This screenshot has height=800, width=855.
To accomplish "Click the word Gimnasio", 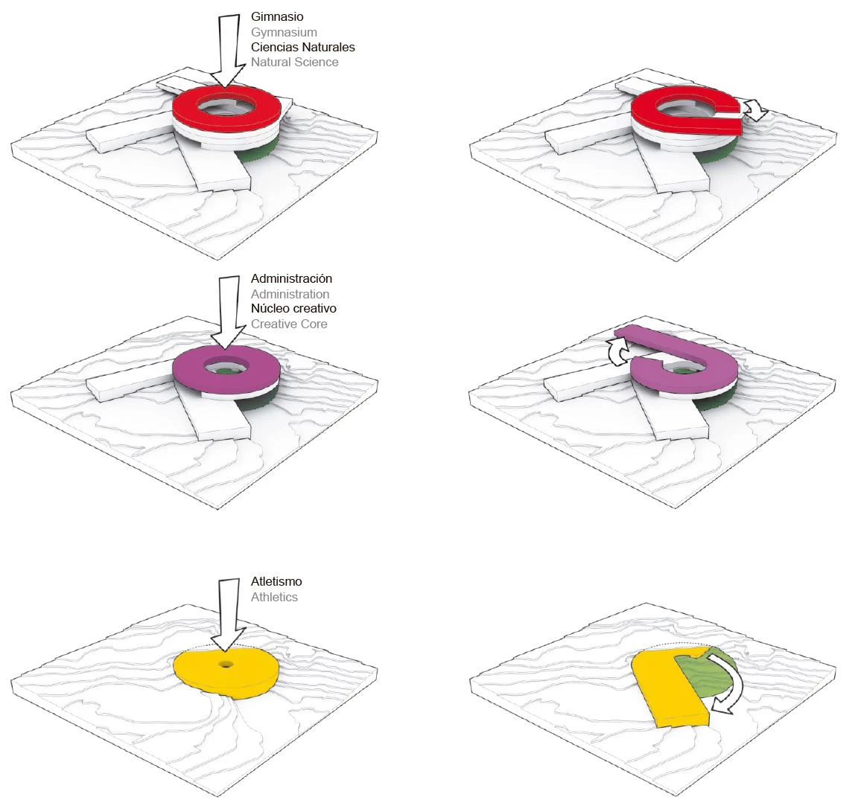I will (277, 16).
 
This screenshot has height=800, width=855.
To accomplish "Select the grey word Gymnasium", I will (284, 32).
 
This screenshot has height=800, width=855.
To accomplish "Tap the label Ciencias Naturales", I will (302, 47).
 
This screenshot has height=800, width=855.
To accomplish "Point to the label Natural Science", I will (294, 62).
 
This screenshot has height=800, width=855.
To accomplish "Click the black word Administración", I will (291, 278).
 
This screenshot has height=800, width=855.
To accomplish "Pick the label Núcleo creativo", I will (293, 308).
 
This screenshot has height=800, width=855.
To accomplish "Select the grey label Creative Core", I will (289, 324).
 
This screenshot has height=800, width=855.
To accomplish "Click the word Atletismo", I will (276, 581).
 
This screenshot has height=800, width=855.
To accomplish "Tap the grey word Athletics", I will (274, 597).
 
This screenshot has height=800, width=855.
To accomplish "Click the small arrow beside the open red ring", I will (755, 111).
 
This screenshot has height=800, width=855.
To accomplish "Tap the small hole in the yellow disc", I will (224, 663).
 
